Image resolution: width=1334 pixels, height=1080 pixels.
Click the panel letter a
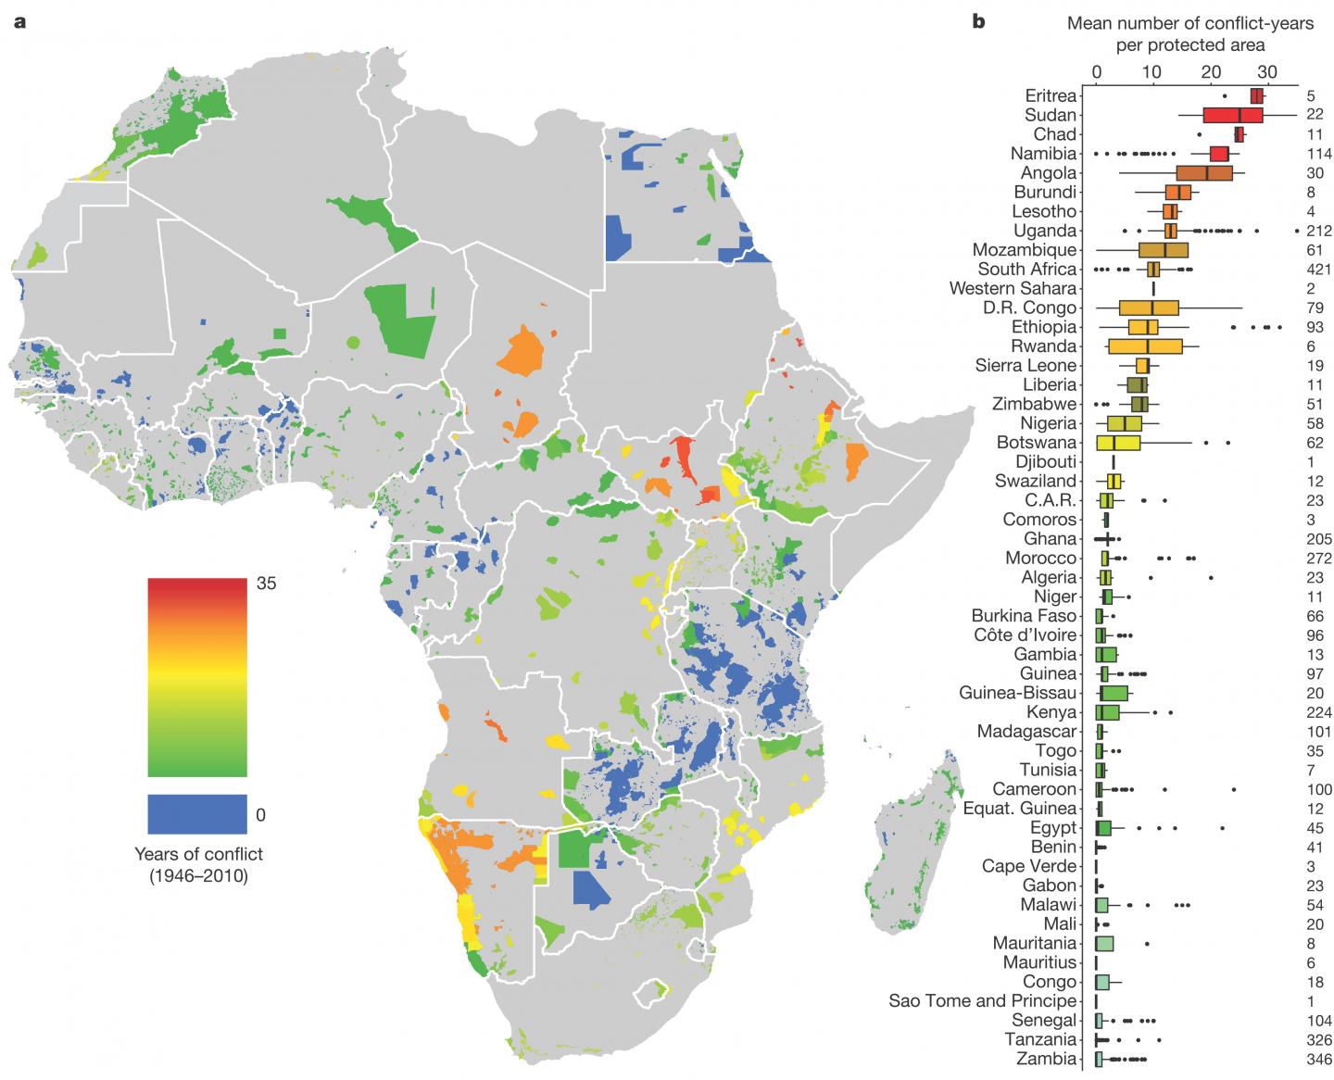tap(19, 21)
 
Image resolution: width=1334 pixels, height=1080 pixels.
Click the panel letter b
tap(978, 21)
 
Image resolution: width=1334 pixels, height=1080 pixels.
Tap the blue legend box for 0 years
tap(196, 814)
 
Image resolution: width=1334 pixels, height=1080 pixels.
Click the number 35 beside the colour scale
tap(267, 584)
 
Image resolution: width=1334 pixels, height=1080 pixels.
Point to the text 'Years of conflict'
tap(198, 854)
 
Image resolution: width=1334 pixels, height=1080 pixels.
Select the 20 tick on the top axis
tap(1210, 72)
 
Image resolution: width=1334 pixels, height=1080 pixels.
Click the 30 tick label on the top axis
tap(1267, 72)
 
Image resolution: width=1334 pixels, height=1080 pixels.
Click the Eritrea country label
tap(1051, 95)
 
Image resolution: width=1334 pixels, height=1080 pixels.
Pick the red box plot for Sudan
tap(1232, 115)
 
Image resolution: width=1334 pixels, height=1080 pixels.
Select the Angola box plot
tap(1204, 173)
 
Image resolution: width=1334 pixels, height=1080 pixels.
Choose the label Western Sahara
tap(1013, 289)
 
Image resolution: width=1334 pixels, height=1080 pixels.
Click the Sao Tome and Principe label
tap(982, 1001)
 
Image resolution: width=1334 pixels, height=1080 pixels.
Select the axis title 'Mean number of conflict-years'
tap(1189, 23)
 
